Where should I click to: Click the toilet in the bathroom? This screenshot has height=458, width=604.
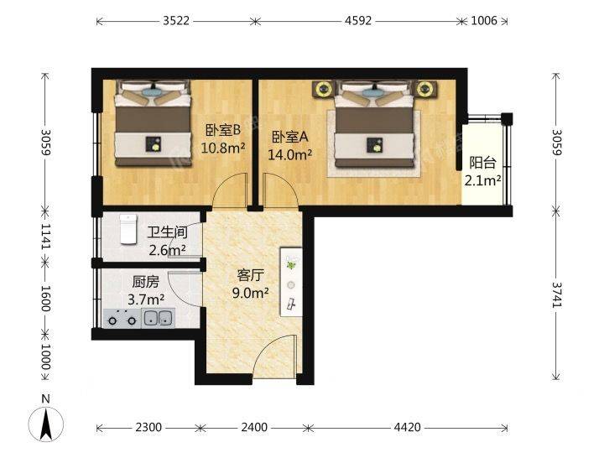click(x=128, y=229)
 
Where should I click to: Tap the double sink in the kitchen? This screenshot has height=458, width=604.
click(x=158, y=318)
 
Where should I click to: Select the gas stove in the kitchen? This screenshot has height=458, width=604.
click(x=122, y=319)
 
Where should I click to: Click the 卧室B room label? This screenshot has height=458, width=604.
click(x=222, y=130)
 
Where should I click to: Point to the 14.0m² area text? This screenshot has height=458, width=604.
click(x=290, y=154)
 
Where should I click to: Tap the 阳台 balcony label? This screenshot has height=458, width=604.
click(x=482, y=163)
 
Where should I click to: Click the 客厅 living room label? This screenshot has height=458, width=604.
click(x=250, y=275)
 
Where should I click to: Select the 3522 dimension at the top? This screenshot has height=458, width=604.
click(x=176, y=20)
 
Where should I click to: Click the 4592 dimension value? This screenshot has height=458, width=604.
click(x=358, y=20)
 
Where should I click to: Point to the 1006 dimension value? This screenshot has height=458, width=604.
click(x=484, y=20)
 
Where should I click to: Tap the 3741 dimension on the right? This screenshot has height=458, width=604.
click(x=557, y=294)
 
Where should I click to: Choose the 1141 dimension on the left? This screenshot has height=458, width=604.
click(x=46, y=236)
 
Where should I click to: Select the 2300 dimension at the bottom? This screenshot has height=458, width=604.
click(x=148, y=427)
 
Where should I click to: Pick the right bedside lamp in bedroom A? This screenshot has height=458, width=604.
click(x=424, y=89)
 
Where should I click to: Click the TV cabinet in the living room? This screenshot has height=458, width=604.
click(x=291, y=282)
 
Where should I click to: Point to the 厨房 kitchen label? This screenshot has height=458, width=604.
click(x=146, y=282)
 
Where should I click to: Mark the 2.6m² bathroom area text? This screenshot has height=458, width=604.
click(x=168, y=250)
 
